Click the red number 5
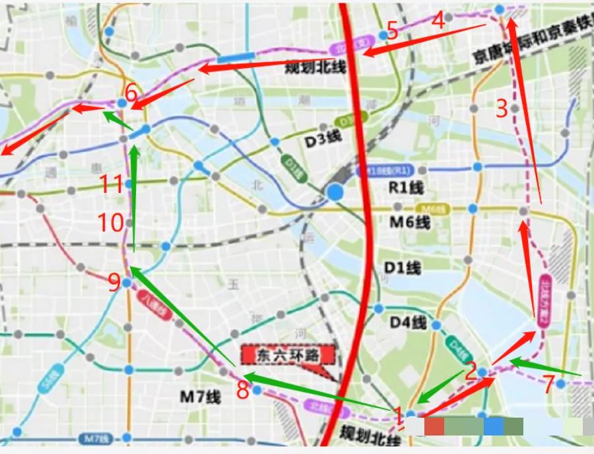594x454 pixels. [392, 31]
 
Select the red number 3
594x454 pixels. [502, 107]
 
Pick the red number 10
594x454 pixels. [112, 223]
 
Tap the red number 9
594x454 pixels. [114, 283]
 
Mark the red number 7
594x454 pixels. [548, 383]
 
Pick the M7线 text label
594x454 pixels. [200, 397]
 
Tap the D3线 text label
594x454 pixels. [323, 140]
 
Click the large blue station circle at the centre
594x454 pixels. [335, 192]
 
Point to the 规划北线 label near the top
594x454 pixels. [315, 67]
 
